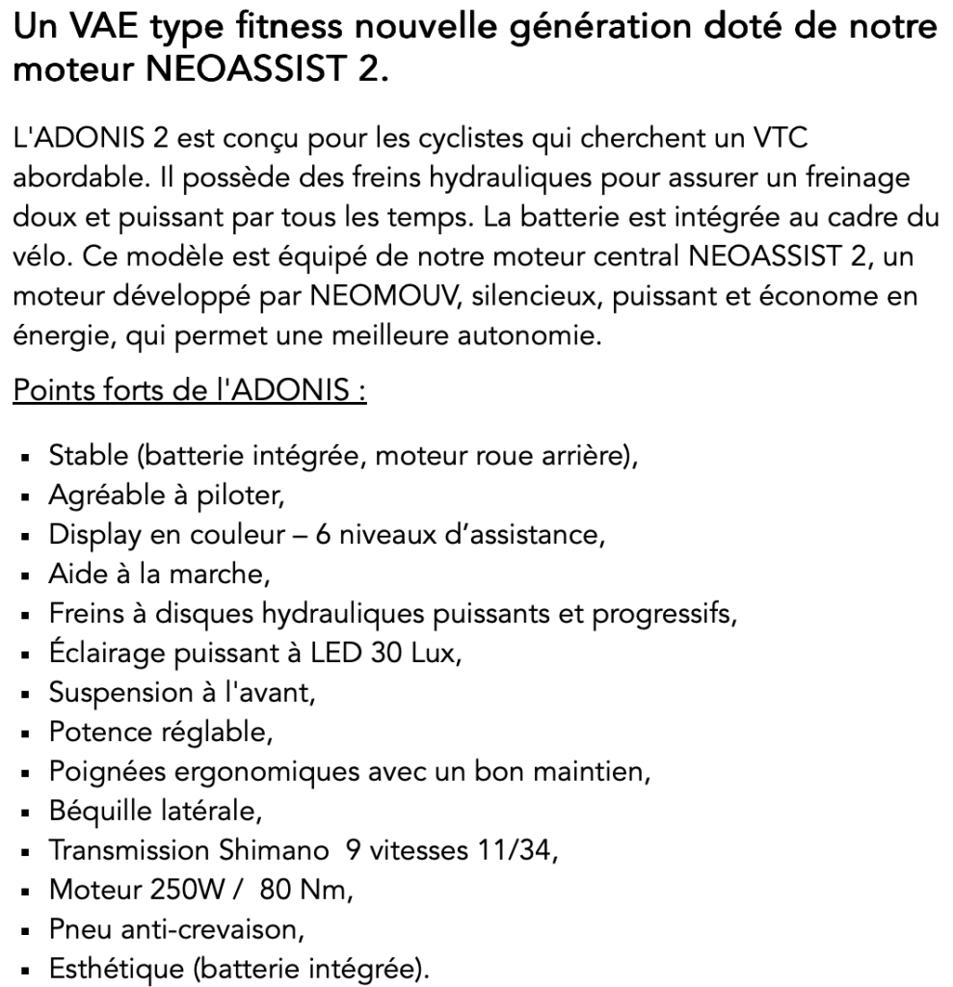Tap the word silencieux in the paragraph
click(531, 296)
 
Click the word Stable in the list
click(84, 455)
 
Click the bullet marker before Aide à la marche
click(31, 575)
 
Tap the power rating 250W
click(182, 890)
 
